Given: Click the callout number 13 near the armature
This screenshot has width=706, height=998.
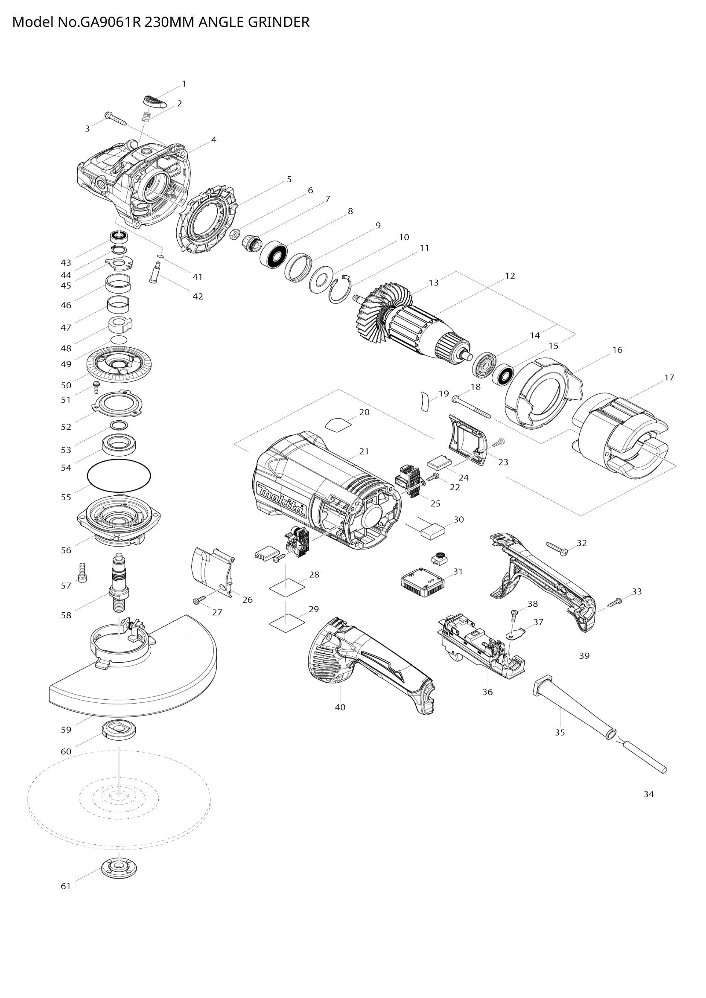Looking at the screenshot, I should coord(433,282).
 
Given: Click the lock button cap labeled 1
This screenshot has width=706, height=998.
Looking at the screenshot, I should coord(155,102).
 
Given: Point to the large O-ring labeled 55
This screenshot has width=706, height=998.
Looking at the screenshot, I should coord(119,477).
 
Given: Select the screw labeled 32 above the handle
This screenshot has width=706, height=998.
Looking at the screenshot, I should coord(557,549).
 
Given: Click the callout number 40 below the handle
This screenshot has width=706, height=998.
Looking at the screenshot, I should coord(340,707).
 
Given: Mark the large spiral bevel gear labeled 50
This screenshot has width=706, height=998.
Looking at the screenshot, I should coord(119,361).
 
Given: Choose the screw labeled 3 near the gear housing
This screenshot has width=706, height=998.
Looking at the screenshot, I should coord(115,117).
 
